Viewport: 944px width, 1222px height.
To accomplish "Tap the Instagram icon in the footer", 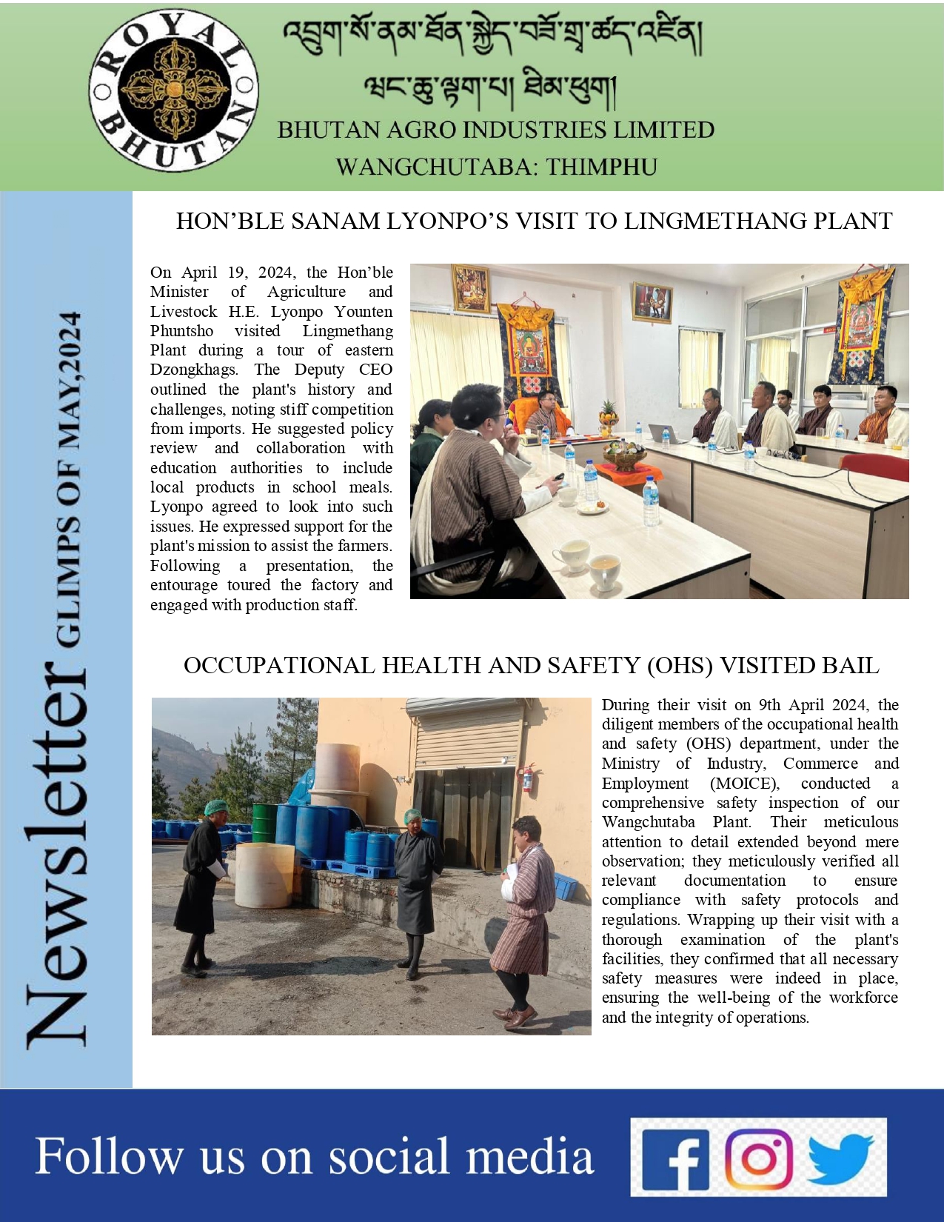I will pos(758,1158).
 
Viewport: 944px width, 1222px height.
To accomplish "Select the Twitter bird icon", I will pos(841,1157).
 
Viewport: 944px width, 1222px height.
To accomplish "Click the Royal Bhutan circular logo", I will pos(173,90).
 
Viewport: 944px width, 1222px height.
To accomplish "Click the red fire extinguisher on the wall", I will pos(526,778).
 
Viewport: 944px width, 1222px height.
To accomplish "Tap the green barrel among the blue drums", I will pos(263,822).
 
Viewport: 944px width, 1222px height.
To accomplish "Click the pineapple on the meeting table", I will pos(609,413).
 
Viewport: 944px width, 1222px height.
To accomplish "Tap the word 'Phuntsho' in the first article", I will pos(181,331).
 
